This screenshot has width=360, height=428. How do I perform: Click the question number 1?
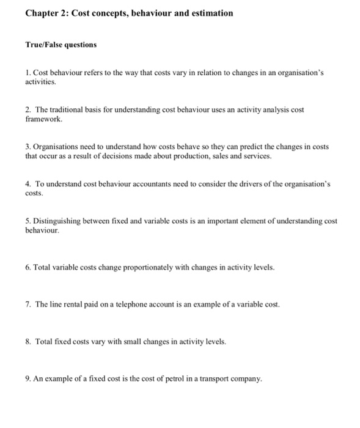tap(28, 72)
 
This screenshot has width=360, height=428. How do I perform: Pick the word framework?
tap(44, 119)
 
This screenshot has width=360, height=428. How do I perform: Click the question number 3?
tap(28, 147)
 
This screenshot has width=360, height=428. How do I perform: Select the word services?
tap(254, 157)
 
